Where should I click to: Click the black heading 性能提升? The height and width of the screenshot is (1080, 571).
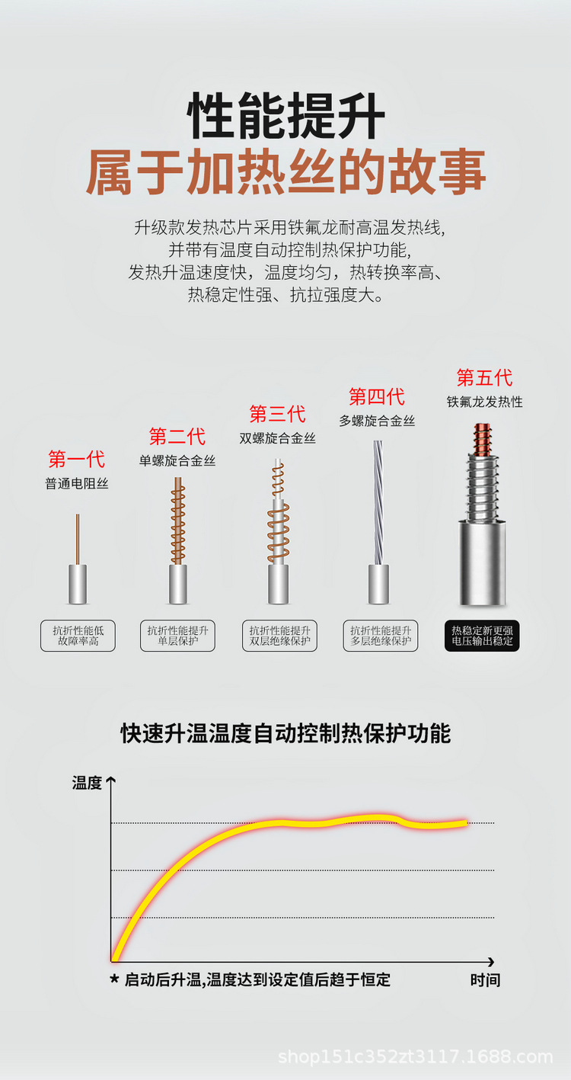(286, 116)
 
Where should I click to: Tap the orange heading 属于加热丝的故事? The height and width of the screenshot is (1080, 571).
(286, 171)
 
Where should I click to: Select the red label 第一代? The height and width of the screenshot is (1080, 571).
(77, 459)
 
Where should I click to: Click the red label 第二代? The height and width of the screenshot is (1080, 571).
(177, 436)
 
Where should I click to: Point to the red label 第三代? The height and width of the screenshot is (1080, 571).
(277, 414)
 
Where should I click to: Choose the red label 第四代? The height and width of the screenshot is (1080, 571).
(377, 396)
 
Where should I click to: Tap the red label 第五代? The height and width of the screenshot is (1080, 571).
(484, 377)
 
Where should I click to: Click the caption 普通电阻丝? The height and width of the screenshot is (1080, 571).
(77, 483)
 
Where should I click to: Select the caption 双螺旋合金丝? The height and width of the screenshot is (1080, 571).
(277, 438)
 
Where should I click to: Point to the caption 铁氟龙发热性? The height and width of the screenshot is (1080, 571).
(484, 402)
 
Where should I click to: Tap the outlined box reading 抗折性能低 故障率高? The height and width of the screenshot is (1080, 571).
(78, 636)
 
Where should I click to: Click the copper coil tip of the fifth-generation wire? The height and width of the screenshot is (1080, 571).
(482, 439)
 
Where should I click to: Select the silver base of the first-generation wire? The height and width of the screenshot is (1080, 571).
(78, 584)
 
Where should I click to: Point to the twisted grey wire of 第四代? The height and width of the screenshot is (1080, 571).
(378, 502)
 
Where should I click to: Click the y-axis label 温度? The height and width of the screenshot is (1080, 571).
(87, 783)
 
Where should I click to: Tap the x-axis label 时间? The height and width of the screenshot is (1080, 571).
(485, 979)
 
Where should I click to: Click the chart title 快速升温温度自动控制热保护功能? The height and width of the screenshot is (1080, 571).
(285, 733)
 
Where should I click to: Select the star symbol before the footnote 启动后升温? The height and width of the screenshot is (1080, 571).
(114, 979)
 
